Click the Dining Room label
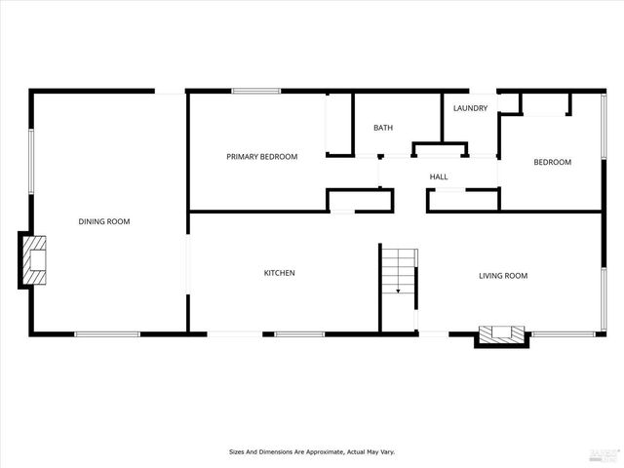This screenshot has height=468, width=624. click(x=104, y=222)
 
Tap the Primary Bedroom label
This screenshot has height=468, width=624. click(x=261, y=157)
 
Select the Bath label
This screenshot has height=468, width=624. click(x=383, y=128)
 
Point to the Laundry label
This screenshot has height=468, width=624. click(x=470, y=108)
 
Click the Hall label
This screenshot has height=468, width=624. click(x=439, y=176)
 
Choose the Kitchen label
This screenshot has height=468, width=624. click(x=279, y=273)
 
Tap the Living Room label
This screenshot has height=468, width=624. click(x=502, y=276)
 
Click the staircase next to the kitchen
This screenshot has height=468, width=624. click(x=399, y=271)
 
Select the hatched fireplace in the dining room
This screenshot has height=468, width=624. click(x=34, y=260)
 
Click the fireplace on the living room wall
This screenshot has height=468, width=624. click(x=500, y=335)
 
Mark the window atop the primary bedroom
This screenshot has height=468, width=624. click(x=255, y=92)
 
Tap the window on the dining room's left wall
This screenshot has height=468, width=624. click(x=31, y=161)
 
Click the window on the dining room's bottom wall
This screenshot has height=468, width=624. click(x=107, y=335)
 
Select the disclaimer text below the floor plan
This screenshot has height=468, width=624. click(x=312, y=452)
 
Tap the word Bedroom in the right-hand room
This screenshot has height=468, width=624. click(x=552, y=163)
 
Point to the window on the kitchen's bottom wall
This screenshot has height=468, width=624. click(x=299, y=335)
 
